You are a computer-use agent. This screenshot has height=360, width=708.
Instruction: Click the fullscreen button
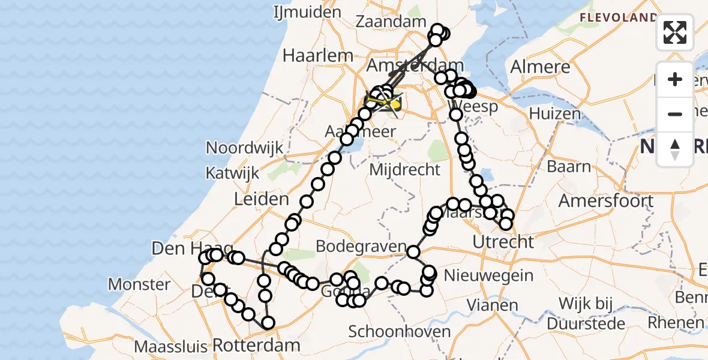point(675,32)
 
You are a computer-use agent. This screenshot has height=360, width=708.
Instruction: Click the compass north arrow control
point(675,149)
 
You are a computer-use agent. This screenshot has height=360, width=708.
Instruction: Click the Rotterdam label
point(256,345)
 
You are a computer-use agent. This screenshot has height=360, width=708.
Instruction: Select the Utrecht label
point(503,242)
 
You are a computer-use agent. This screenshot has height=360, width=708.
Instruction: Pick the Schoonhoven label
point(399,331)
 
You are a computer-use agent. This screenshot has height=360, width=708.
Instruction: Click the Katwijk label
point(232,173)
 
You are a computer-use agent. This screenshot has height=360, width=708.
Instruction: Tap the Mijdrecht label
point(404,169)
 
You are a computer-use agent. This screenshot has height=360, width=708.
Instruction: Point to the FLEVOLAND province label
point(617,18)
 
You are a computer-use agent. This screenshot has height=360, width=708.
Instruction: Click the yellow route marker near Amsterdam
point(395,104)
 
